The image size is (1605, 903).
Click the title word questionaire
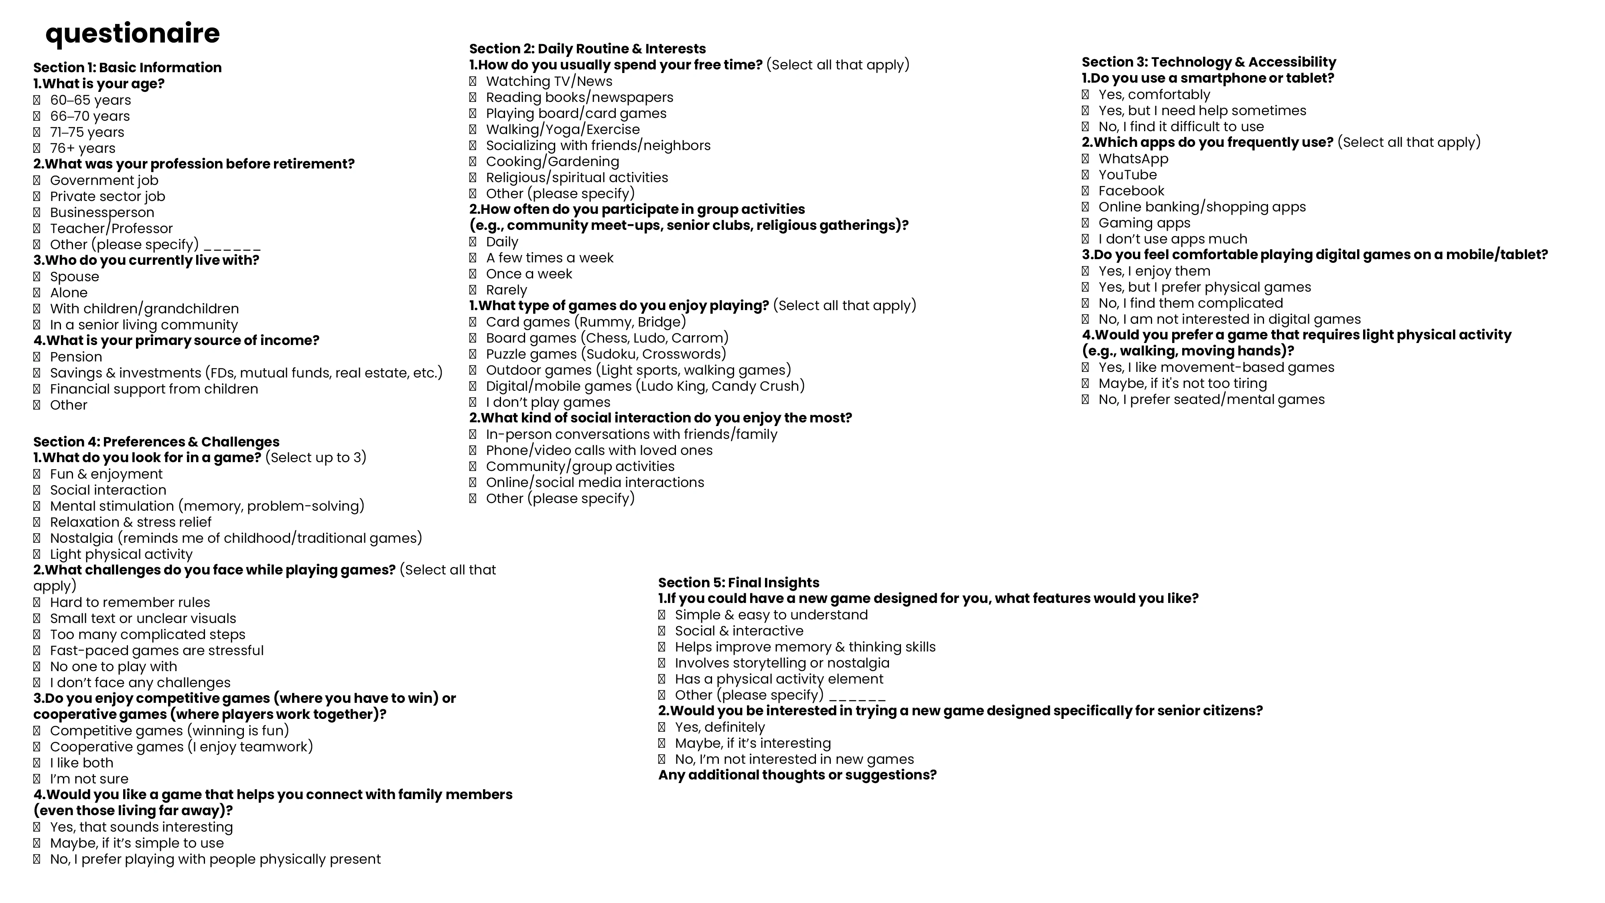(x=133, y=34)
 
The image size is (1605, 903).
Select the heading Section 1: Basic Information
(x=127, y=67)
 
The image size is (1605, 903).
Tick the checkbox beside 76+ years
(x=37, y=148)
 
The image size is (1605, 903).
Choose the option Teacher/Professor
(x=111, y=229)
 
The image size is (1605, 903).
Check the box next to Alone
(x=37, y=293)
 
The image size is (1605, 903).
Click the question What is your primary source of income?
(x=177, y=340)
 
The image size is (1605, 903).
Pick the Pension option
(x=75, y=357)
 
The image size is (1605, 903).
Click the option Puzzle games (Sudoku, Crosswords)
(x=606, y=354)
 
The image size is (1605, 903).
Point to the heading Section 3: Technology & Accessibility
(x=1209, y=62)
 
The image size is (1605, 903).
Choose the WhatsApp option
(x=1133, y=159)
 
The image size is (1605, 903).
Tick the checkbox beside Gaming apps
(x=1085, y=223)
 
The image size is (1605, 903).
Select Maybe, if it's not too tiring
(x=1182, y=384)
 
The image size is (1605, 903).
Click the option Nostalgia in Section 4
(x=235, y=538)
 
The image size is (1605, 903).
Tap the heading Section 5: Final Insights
(x=739, y=583)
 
